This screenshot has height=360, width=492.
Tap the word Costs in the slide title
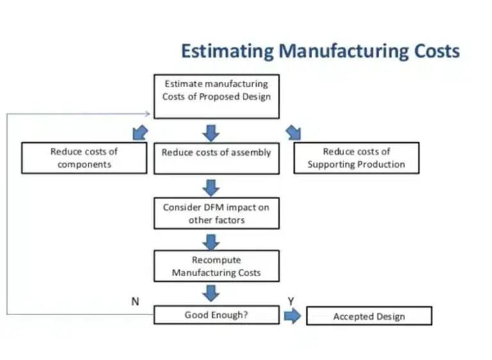click(432, 51)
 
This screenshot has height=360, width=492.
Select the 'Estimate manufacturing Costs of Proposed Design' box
click(217, 97)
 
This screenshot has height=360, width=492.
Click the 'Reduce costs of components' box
click(84, 158)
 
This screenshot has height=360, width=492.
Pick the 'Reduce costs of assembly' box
click(217, 158)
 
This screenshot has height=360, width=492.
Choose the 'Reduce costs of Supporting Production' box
click(356, 158)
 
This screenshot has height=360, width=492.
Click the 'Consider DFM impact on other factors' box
click(217, 213)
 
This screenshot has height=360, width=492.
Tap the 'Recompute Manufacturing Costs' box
click(217, 266)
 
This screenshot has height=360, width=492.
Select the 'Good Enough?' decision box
click(217, 315)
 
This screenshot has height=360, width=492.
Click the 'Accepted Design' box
click(369, 316)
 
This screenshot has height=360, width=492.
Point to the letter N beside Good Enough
click(135, 301)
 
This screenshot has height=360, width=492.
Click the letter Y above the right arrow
click(291, 301)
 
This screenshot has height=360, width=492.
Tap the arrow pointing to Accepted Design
click(292, 316)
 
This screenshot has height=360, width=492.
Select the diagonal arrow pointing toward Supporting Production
click(294, 133)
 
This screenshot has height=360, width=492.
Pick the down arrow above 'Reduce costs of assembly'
click(211, 133)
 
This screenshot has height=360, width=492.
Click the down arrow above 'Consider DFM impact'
click(211, 188)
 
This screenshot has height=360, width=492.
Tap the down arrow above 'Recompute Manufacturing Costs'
click(211, 241)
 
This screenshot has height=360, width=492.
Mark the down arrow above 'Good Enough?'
click(211, 293)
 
